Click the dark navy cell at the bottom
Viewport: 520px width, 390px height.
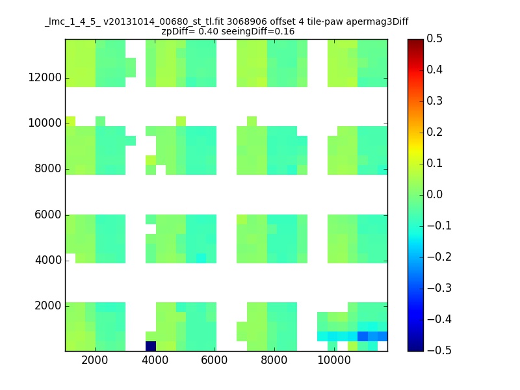(x=151, y=346)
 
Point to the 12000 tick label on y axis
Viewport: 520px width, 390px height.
(x=45, y=77)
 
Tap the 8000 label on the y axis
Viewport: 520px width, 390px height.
(x=48, y=169)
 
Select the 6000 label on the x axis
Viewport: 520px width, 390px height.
(x=214, y=360)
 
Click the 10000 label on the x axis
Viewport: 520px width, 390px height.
(x=334, y=360)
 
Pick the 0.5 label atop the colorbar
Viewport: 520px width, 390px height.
(x=434, y=38)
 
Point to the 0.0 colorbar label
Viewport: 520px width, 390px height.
(x=434, y=194)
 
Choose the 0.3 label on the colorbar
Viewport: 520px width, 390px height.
(x=434, y=101)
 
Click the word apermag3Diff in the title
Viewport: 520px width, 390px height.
(x=378, y=22)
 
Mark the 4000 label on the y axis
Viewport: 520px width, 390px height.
(x=48, y=261)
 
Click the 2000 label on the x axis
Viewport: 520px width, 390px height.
(x=94, y=360)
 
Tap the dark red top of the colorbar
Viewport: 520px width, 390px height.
(x=415, y=43)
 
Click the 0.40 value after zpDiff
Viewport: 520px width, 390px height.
(x=208, y=31)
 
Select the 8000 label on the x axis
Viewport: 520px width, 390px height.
(x=274, y=360)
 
